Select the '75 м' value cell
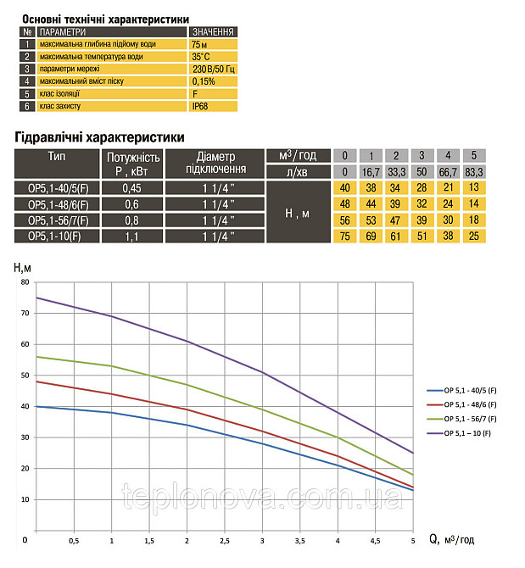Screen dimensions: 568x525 (200, 44)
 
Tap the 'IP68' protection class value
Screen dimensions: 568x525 (201, 108)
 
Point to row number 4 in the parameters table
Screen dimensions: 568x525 (27, 82)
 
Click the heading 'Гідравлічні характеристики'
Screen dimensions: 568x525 (99, 136)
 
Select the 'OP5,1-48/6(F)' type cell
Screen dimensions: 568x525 (58, 205)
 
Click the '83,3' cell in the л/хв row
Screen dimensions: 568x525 (475, 171)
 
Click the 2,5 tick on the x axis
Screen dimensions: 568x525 (225, 541)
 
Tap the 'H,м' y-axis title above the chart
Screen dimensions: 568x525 (24, 267)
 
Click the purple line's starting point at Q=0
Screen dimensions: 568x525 (36, 298)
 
